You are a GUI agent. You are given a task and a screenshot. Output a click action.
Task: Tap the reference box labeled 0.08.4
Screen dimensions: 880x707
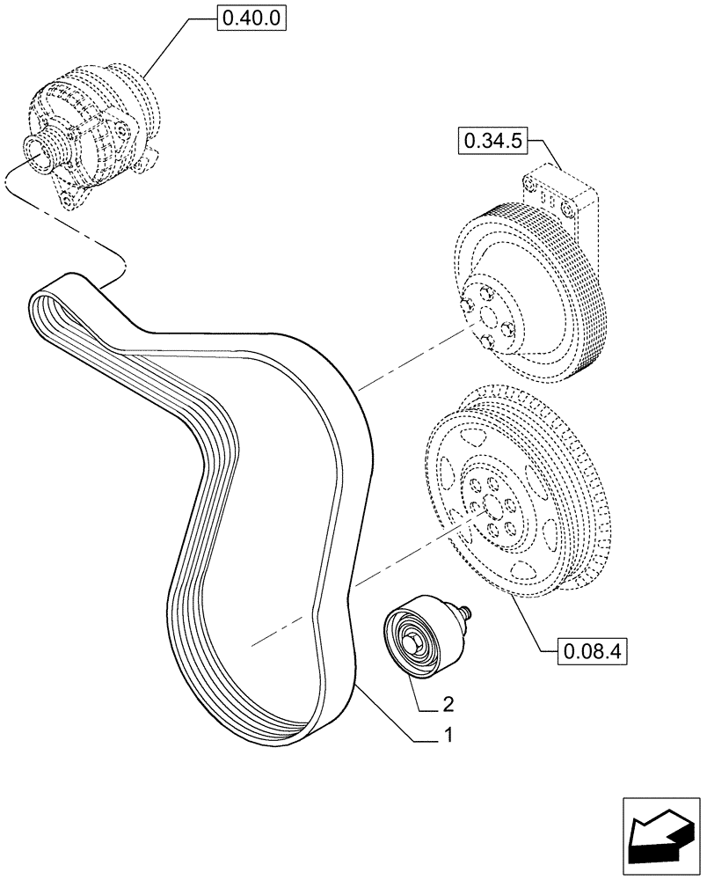pyautogui.click(x=590, y=653)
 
